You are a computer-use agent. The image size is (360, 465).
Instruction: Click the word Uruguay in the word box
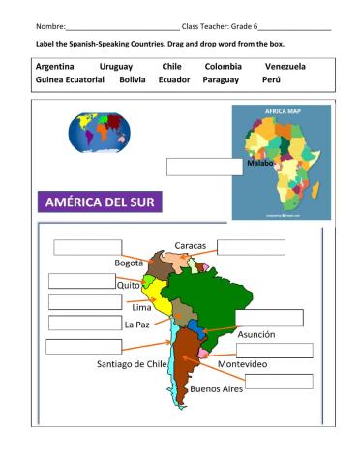(x=116, y=66)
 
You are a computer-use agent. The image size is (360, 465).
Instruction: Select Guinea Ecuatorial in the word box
(x=71, y=79)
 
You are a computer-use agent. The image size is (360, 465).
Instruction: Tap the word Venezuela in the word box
(x=285, y=66)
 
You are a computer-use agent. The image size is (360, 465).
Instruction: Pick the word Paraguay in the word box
(x=220, y=79)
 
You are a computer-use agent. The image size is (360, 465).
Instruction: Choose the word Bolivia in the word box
(x=133, y=79)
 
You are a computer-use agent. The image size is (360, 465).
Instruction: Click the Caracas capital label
(x=191, y=246)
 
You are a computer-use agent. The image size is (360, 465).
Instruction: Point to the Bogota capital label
(x=129, y=263)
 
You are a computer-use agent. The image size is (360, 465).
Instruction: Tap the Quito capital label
(x=129, y=285)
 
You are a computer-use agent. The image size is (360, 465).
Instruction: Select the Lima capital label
(x=141, y=307)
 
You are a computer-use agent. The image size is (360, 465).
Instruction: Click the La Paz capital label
(x=136, y=325)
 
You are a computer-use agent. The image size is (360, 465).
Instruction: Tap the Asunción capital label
(x=255, y=334)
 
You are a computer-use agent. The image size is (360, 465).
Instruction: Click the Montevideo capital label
(x=243, y=363)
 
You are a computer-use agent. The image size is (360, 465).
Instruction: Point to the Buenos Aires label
(x=217, y=388)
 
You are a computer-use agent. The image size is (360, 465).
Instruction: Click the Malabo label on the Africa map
(x=260, y=163)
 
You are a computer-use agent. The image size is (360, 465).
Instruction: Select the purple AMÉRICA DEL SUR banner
(x=99, y=203)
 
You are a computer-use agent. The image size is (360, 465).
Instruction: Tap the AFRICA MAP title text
(x=282, y=112)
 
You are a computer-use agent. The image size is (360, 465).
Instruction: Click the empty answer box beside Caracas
(x=251, y=247)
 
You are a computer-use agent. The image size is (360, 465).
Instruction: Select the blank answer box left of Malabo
(x=204, y=166)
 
